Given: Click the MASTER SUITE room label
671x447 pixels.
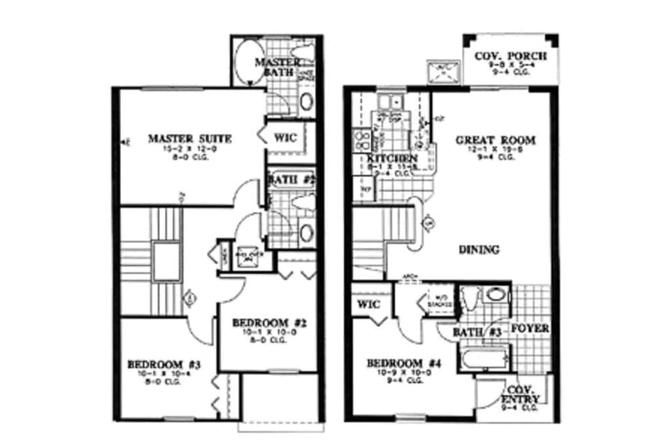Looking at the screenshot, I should click(x=189, y=138).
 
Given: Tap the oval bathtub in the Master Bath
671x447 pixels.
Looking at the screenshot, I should click(x=247, y=63).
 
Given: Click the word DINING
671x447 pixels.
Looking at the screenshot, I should click(x=479, y=249).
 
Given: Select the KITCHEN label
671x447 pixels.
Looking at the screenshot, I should click(x=392, y=159).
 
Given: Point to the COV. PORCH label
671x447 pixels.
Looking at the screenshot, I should click(x=510, y=57).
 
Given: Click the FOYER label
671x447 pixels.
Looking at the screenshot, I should click(x=530, y=328).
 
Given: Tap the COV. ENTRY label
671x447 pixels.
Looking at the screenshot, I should click(x=521, y=391).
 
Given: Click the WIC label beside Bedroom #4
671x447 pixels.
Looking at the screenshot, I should click(x=368, y=305).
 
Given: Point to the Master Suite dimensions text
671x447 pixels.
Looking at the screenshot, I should click(x=189, y=148).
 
